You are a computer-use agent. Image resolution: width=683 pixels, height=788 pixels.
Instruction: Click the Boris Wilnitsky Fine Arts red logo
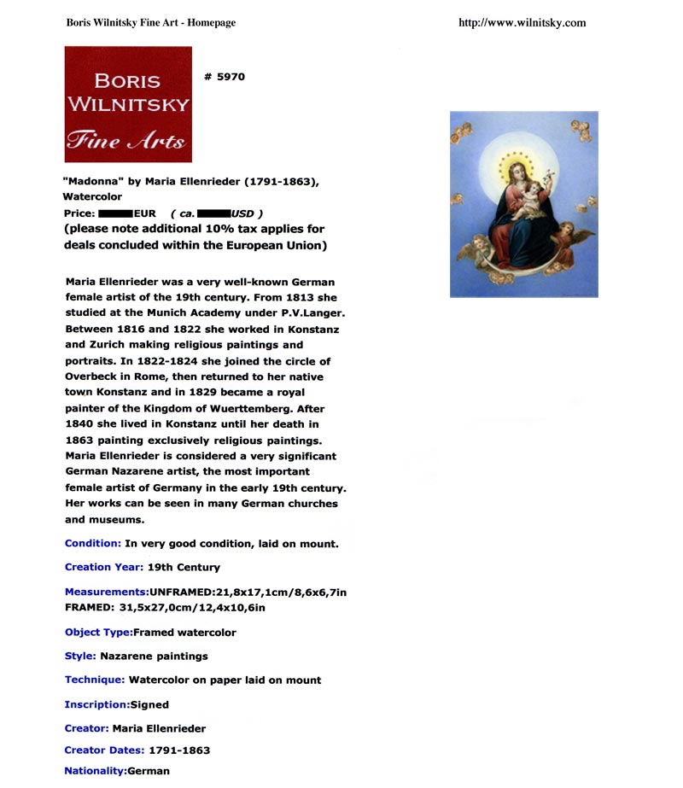pyautogui.click(x=128, y=104)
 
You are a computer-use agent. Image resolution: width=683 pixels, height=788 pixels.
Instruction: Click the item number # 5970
pyautogui.click(x=225, y=77)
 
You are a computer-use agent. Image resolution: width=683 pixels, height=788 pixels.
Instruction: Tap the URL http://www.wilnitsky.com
pyautogui.click(x=522, y=23)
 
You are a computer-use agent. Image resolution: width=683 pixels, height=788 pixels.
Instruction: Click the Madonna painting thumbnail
pyautogui.click(x=523, y=204)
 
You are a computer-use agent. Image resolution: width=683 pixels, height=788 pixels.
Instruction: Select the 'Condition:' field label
pyautogui.click(x=92, y=544)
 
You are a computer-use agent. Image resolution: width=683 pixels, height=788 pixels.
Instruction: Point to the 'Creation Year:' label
pyautogui.click(x=103, y=567)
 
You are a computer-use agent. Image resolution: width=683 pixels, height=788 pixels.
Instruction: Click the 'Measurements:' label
pyautogui.click(x=106, y=592)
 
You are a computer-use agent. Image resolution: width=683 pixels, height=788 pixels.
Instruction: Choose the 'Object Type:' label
pyautogui.click(x=98, y=633)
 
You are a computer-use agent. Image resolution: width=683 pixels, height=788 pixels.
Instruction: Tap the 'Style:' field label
pyautogui.click(x=79, y=657)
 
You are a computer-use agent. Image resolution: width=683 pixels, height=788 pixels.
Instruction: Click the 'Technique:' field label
pyautogui.click(x=94, y=680)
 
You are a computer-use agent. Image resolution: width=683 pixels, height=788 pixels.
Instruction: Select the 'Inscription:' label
pyautogui.click(x=96, y=705)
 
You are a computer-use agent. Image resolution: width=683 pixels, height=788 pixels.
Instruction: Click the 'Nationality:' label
pyautogui.click(x=94, y=771)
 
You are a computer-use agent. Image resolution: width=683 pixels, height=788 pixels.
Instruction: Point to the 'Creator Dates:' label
pyautogui.click(x=104, y=750)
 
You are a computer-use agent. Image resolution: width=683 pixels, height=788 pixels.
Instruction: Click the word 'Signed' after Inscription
pyautogui.click(x=149, y=705)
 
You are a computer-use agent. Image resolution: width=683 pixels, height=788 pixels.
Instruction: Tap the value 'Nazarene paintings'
pyautogui.click(x=154, y=657)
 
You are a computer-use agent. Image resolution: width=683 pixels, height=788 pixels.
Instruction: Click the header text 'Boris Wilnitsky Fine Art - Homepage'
pyautogui.click(x=150, y=23)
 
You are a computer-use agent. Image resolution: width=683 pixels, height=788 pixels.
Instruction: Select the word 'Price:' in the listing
pyautogui.click(x=79, y=213)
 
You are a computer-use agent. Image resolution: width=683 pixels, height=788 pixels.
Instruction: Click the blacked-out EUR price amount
pyautogui.click(x=115, y=213)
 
